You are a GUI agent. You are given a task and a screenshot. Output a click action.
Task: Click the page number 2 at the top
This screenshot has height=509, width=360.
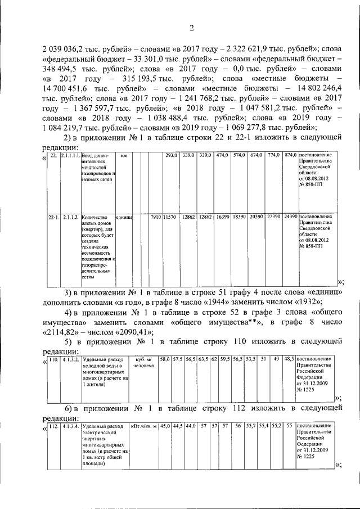point(191,29)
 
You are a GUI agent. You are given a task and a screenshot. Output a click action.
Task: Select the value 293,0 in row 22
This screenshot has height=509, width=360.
point(171,155)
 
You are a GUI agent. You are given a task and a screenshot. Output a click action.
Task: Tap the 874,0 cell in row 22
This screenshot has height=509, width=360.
point(291,155)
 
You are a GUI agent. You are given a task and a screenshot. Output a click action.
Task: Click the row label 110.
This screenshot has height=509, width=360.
point(53,359)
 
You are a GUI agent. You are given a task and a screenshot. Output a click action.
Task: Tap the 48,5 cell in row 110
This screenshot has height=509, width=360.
point(288,358)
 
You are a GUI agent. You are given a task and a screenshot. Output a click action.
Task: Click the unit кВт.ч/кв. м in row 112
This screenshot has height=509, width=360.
point(143,426)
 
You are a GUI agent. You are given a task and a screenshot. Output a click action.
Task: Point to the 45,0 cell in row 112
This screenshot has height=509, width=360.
point(165,426)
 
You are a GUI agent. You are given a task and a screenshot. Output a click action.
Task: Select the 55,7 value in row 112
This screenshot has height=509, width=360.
point(250,426)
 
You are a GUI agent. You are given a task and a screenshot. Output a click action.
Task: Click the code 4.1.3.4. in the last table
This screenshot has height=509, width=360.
point(71,426)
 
